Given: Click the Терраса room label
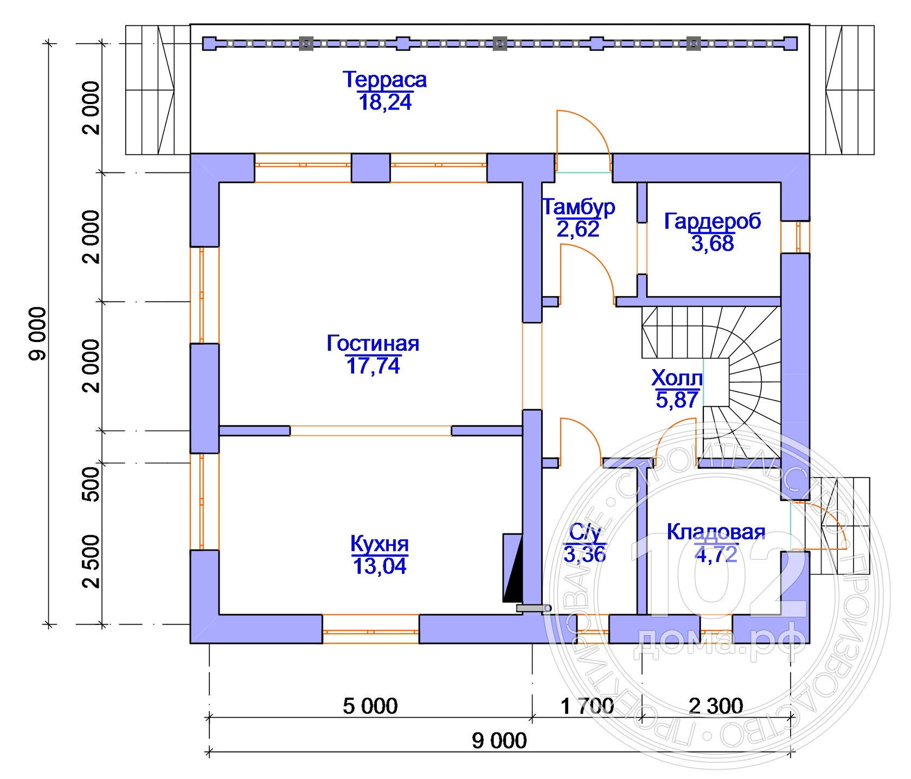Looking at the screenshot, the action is (x=384, y=80).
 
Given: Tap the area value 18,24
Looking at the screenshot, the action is (x=384, y=102).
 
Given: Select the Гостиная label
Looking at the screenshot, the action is (x=373, y=343).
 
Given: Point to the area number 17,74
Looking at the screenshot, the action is (x=373, y=366).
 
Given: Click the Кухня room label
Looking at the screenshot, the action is (x=379, y=543).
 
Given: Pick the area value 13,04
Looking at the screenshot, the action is (x=379, y=566).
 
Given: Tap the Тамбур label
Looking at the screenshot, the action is (x=578, y=207).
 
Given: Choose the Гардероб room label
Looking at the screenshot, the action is (x=712, y=221).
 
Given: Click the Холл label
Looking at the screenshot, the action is (x=676, y=377).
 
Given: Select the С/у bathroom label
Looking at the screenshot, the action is (x=585, y=532).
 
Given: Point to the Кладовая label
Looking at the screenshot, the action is (x=716, y=532).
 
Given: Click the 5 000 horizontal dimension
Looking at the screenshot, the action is (x=370, y=706).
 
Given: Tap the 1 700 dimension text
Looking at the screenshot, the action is (x=587, y=706).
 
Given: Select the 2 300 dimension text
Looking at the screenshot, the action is (x=715, y=706).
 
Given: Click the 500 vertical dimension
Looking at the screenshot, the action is (x=92, y=484).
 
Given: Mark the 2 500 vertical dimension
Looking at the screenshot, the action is (x=92, y=561).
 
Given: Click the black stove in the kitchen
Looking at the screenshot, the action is (x=512, y=568).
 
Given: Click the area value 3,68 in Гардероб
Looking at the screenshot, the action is (x=712, y=243).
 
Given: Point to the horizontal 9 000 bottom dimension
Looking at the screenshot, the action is (x=499, y=741).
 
